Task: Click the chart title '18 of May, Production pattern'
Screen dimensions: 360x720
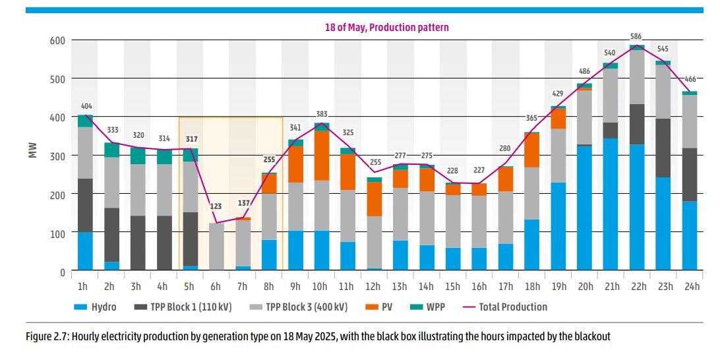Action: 386,27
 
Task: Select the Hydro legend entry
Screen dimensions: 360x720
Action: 95,307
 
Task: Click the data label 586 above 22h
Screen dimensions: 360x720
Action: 636,37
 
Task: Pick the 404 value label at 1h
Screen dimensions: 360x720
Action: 85,105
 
